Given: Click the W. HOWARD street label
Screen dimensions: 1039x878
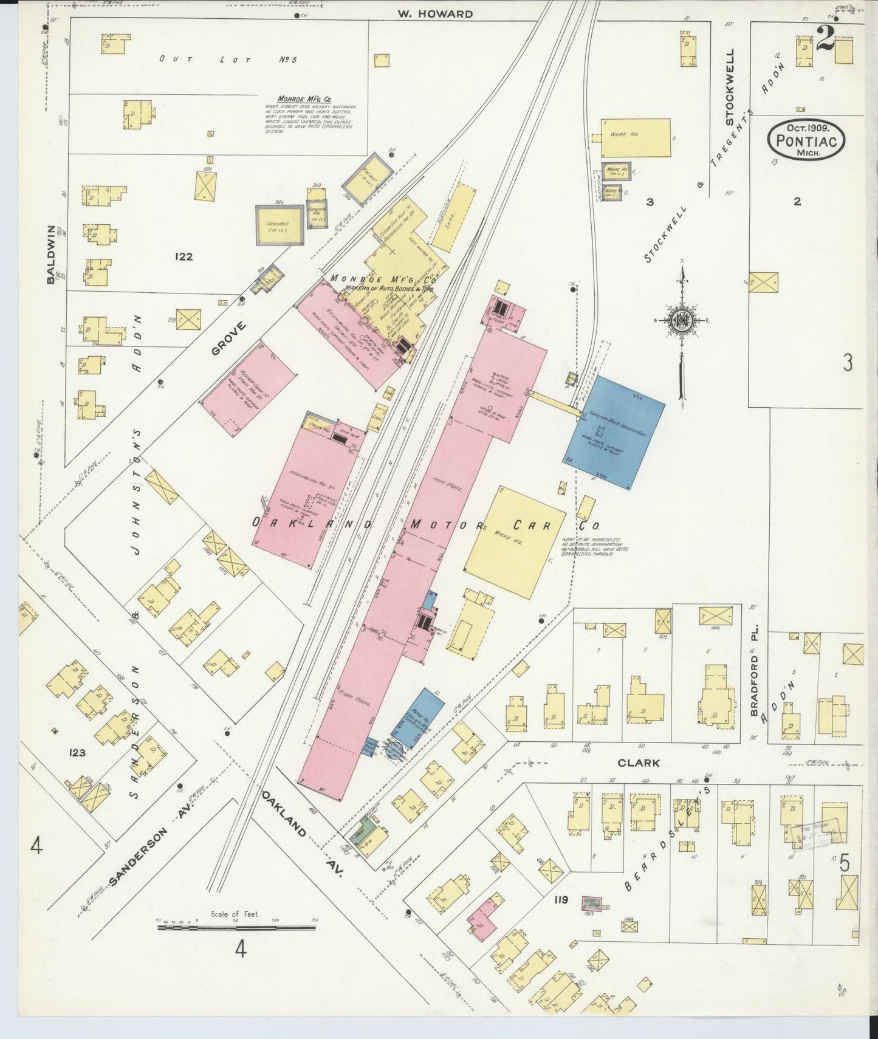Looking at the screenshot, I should [435, 13].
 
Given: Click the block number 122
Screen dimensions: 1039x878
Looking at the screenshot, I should [183, 256].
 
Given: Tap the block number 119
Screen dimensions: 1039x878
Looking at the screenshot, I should [560, 900].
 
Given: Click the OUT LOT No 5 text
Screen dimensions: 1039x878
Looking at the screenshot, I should [223, 59].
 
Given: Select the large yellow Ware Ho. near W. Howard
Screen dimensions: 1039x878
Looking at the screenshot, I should [636, 137].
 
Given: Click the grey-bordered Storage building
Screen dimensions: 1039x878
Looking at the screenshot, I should [280, 225].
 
